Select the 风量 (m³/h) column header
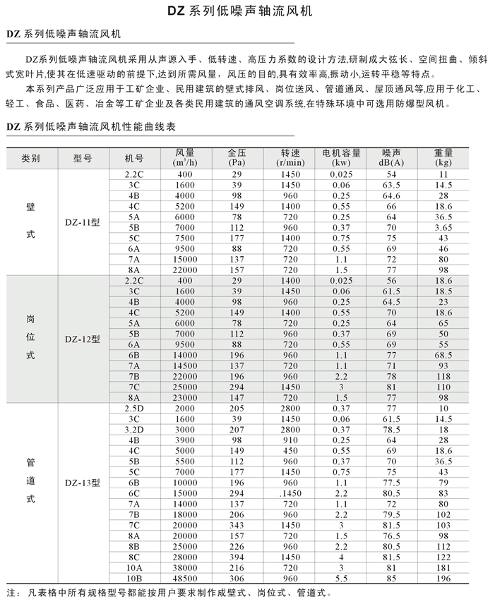185,157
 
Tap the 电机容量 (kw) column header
342,157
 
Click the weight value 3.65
443,228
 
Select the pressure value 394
236,556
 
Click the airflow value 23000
185,397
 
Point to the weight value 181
443,567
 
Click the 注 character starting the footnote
9,593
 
